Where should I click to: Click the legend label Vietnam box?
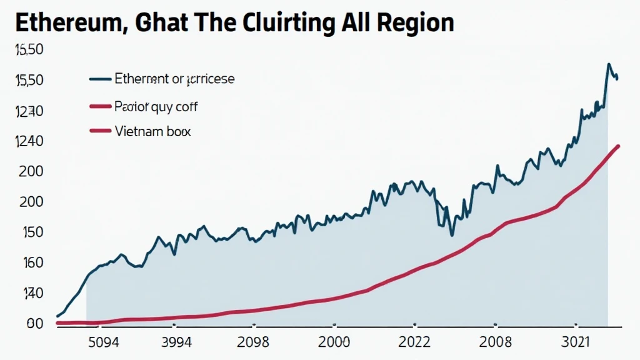click(153, 132)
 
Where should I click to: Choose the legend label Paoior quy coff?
click(156, 107)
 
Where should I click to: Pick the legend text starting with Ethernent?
click(175, 79)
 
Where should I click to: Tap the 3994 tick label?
click(177, 343)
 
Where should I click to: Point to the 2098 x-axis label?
click(253, 343)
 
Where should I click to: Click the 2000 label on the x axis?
click(335, 343)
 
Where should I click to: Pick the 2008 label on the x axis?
click(495, 343)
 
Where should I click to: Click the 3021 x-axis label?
click(576, 343)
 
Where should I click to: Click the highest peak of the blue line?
click(608, 64)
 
